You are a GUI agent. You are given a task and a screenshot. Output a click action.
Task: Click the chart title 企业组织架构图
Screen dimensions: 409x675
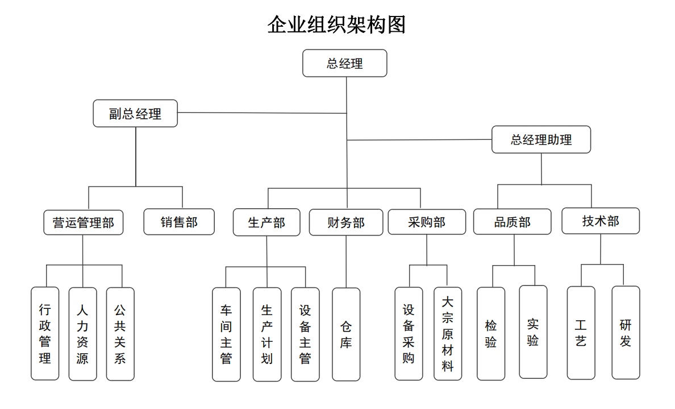coord(336,25)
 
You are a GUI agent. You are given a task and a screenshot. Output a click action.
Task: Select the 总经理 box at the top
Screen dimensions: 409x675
coord(344,63)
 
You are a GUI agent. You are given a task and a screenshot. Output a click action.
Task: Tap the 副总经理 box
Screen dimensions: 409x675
coord(135,113)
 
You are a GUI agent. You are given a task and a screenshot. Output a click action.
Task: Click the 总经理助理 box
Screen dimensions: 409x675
coord(541,139)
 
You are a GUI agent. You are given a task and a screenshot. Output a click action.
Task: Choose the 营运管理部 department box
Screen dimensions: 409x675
coord(84,222)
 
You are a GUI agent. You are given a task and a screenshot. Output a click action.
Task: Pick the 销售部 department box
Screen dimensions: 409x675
coord(179,222)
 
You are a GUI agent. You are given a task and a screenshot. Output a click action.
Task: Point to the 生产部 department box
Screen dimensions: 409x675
coord(266,222)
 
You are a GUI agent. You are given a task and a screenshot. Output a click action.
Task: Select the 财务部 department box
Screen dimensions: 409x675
coord(346,222)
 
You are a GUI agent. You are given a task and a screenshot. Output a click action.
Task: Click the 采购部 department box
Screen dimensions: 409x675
coord(426,222)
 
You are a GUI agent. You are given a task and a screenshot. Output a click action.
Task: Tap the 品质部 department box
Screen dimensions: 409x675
coord(512,222)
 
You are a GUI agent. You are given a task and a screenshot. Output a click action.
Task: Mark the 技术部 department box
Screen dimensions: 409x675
coord(601,221)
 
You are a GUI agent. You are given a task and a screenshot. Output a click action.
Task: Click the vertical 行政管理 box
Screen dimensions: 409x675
coord(45,333)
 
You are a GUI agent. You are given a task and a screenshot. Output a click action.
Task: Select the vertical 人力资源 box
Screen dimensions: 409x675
coord(82,333)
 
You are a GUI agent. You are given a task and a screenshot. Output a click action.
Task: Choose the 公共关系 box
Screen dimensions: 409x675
coord(120,333)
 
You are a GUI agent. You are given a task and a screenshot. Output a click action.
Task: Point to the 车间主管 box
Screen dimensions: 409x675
coord(226,334)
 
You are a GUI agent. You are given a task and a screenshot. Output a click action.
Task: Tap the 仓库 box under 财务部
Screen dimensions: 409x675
coord(346,334)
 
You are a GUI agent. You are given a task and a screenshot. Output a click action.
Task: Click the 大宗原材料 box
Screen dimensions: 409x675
coord(448,333)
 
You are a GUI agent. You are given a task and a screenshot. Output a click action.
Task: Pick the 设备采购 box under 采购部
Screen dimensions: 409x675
coord(409,333)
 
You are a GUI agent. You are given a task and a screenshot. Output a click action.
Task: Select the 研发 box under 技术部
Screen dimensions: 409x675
coord(626,333)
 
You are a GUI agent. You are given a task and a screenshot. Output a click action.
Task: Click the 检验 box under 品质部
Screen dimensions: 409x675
coord(491,333)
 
